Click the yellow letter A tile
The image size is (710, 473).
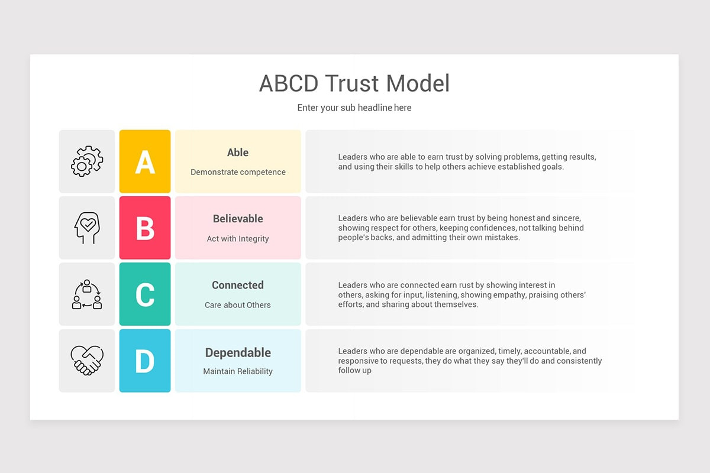coord(145,161)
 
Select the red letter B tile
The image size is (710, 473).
coord(145,228)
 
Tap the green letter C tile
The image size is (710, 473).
coord(145,294)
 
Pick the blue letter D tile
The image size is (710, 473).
coord(145,361)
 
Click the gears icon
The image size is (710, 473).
coord(87,161)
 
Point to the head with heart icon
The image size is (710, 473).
coord(87,228)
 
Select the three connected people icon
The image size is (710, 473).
coord(87,294)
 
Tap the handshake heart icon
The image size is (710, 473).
coord(87,361)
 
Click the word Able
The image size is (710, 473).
coord(238,153)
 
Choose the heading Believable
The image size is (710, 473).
coord(238,219)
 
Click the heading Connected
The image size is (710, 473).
coord(238,285)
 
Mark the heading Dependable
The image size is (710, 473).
coord(238,352)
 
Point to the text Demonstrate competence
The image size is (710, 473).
coord(238,172)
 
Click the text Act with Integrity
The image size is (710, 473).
coord(238,239)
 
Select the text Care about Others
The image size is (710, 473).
coord(238,305)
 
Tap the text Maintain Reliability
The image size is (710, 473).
coord(238,371)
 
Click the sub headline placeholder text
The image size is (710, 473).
coord(354,108)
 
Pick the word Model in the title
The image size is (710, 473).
coord(418,83)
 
